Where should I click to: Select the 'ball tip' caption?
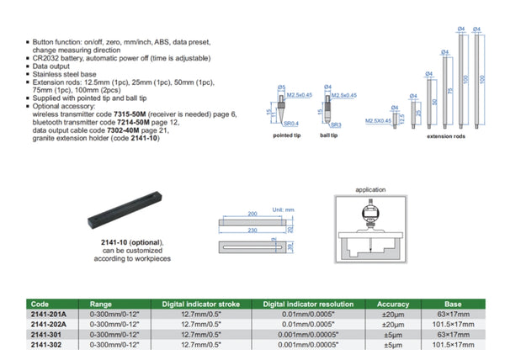[x=327, y=135]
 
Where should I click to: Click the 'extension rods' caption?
[x=446, y=135]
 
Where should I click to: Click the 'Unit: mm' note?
[x=277, y=208]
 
